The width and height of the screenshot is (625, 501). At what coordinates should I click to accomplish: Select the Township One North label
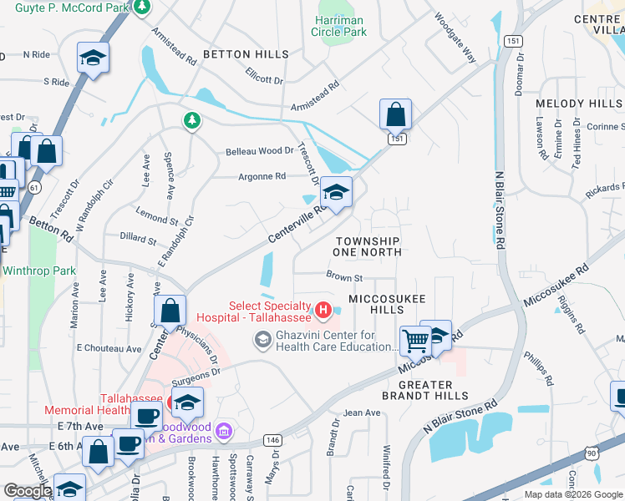pos(367,245)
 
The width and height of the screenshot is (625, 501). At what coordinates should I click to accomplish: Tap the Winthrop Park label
pos(39,271)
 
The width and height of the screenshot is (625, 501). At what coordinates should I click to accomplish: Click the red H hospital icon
pos(323,312)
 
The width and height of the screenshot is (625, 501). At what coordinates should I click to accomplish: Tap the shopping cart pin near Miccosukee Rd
pos(414,340)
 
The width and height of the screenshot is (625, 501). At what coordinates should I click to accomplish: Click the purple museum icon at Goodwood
pos(223,431)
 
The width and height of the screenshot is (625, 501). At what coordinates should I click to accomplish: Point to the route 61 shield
pos(34,188)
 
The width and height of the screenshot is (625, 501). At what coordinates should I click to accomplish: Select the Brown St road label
pos(343,277)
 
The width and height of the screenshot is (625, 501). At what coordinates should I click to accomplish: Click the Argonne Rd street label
pos(262,176)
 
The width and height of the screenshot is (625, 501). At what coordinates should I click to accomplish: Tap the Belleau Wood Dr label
pos(259,151)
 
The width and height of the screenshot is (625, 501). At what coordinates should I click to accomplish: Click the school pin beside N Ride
pos(93,58)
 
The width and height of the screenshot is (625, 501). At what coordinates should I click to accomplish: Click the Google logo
pos(28,491)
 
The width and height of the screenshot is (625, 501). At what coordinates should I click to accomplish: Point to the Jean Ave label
pos(362,412)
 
